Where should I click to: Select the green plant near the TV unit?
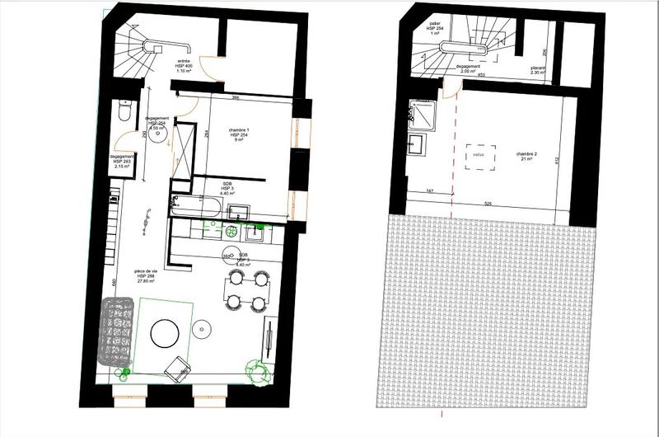point(258,373)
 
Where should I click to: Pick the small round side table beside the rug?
point(203,330)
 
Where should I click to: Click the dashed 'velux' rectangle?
point(478,156)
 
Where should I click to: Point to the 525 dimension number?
point(488,203)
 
